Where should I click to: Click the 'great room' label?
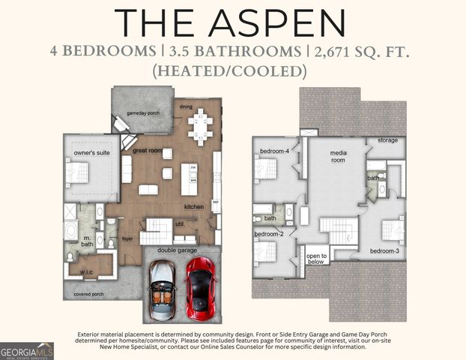coord(148,151)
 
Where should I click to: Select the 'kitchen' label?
coord(194,206)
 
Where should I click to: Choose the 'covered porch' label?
coord(88,295)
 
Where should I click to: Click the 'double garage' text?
coord(178,251)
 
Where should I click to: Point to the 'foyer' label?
coord(127,240)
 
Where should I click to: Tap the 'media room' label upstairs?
coord(339,156)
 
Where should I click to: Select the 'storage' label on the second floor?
coord(387,140)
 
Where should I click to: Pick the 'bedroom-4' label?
coord(273,151)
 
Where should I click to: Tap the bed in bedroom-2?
coord(264,249)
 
